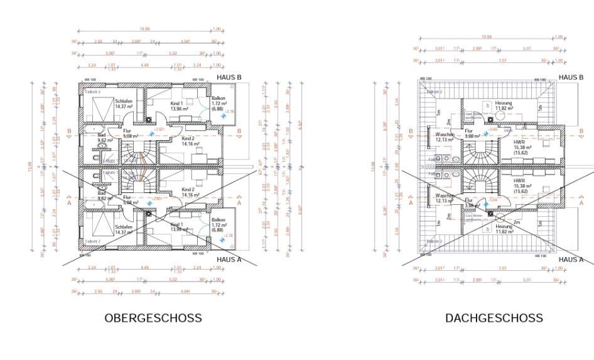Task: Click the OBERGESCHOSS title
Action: pyautogui.click(x=153, y=318)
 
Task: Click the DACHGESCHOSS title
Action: pyautogui.click(x=494, y=318)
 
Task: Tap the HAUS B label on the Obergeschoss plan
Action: pyautogui.click(x=229, y=77)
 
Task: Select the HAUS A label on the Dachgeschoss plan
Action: pyautogui.click(x=570, y=259)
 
